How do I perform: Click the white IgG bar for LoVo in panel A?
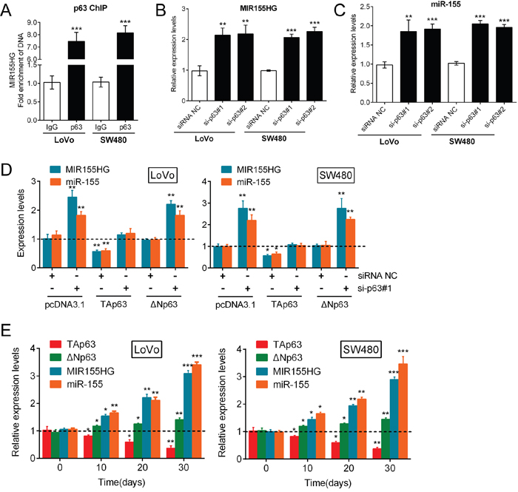(x=51, y=98)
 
